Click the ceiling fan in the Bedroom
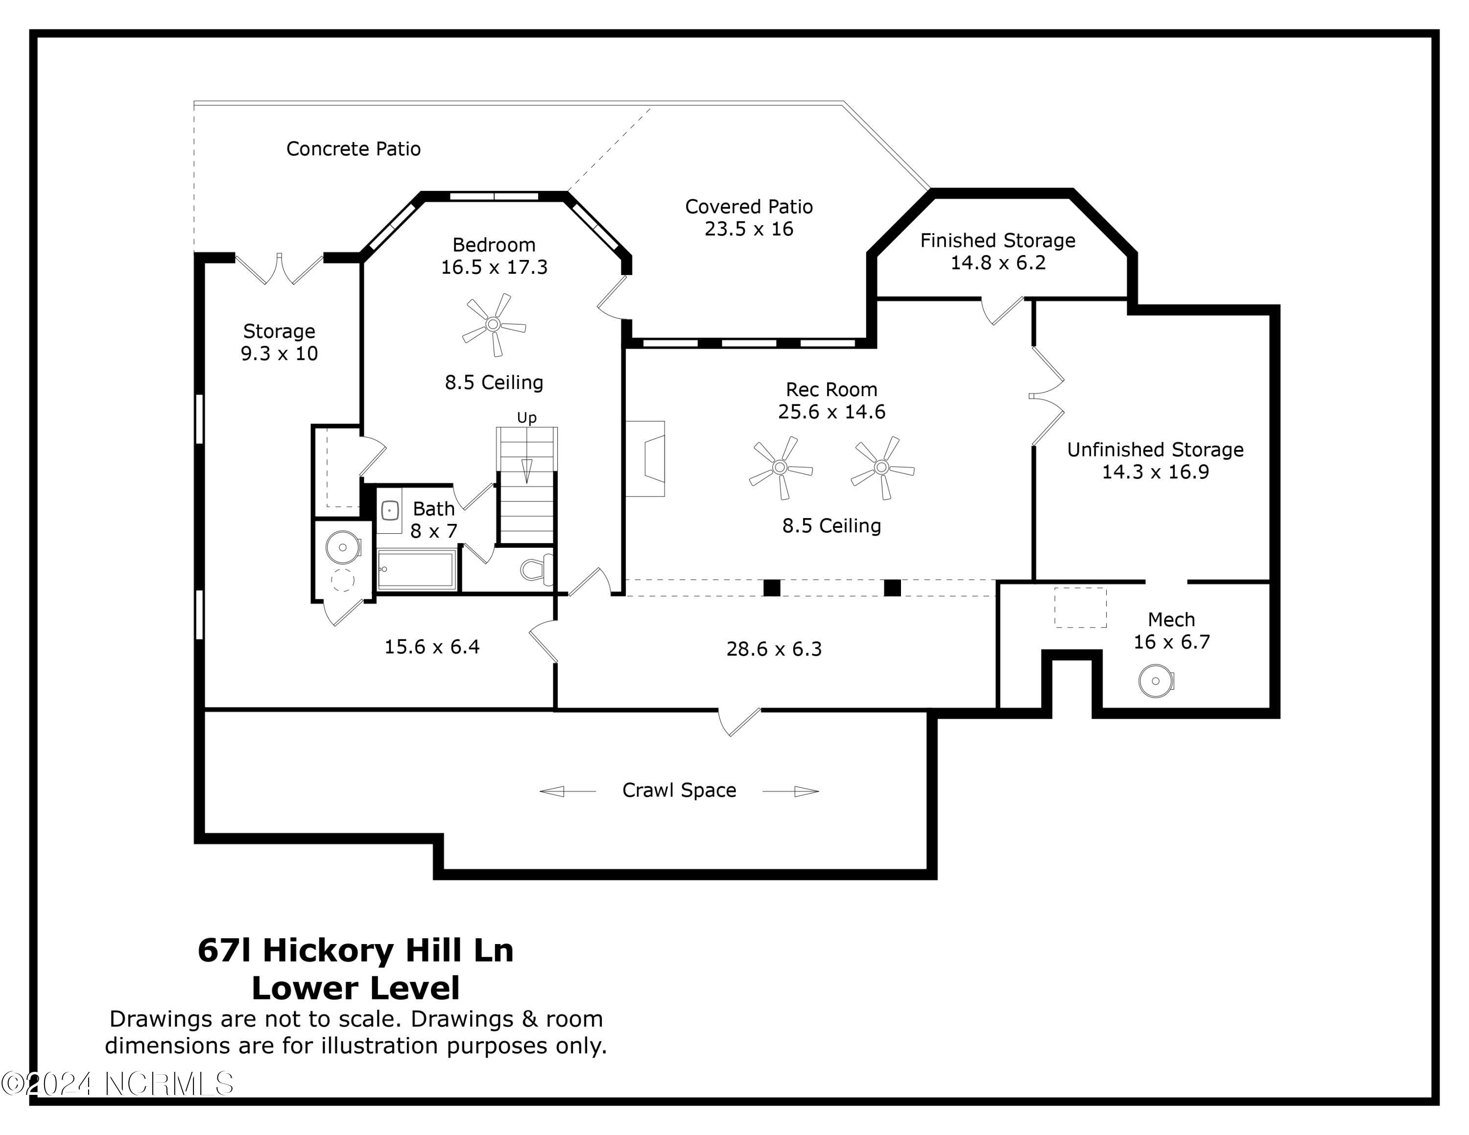pyautogui.click(x=493, y=325)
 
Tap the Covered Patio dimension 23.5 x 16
pyautogui.click(x=749, y=229)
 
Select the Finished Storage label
pyautogui.click(x=997, y=241)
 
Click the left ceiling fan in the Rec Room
pyautogui.click(x=780, y=467)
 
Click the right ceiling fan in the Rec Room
pyautogui.click(x=882, y=467)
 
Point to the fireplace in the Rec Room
pyautogui.click(x=646, y=459)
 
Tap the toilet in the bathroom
pyautogui.click(x=535, y=569)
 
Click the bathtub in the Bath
pyautogui.click(x=416, y=569)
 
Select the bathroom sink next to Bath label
pyautogui.click(x=389, y=511)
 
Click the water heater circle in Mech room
pyautogui.click(x=1156, y=681)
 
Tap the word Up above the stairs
pyautogui.click(x=527, y=418)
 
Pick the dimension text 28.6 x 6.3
pyautogui.click(x=774, y=649)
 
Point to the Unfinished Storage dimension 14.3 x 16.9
pyautogui.click(x=1155, y=472)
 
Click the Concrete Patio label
pyautogui.click(x=353, y=148)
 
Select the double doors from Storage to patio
pyautogui.click(x=279, y=268)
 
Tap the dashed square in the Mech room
pyautogui.click(x=1080, y=608)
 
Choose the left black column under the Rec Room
pyautogui.click(x=772, y=588)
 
